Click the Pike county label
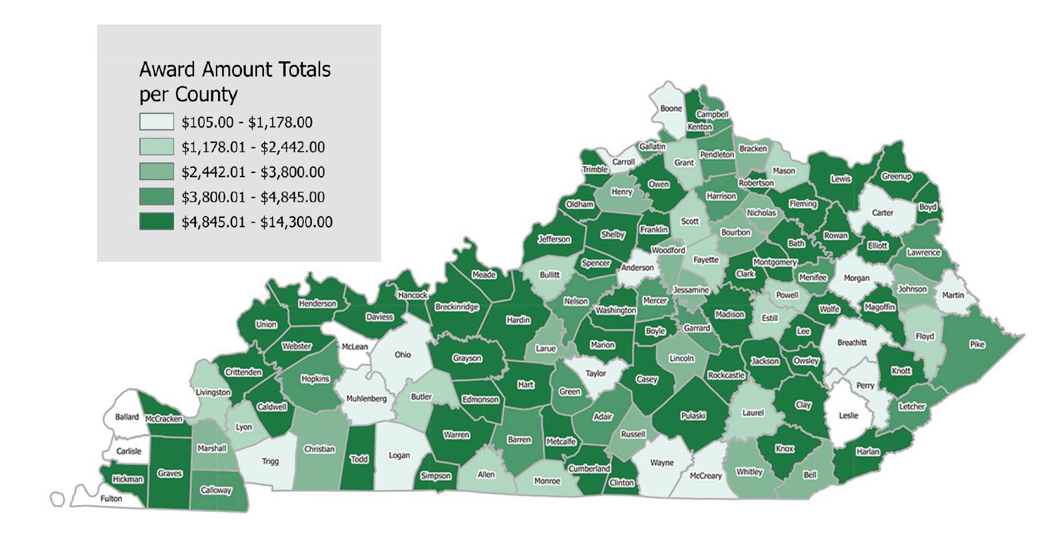pos(977,345)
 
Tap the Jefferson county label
pos(554,239)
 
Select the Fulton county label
pos(111,498)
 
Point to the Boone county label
pos(671,109)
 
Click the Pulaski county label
pos(693,415)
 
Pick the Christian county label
pos(319,449)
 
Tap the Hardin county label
pos(518,320)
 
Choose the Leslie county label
pos(848,415)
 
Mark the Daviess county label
pos(379,317)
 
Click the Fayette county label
pos(706,260)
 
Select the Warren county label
pos(456,434)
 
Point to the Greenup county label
pos(896,177)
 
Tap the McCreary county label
pos(705,476)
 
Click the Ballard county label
pos(127,416)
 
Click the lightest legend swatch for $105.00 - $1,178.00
pos(156,122)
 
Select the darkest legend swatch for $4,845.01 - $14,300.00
pos(156,222)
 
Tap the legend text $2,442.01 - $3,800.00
pos(253,172)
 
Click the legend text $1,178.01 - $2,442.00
pos(253,147)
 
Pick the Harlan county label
pos(868,451)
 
